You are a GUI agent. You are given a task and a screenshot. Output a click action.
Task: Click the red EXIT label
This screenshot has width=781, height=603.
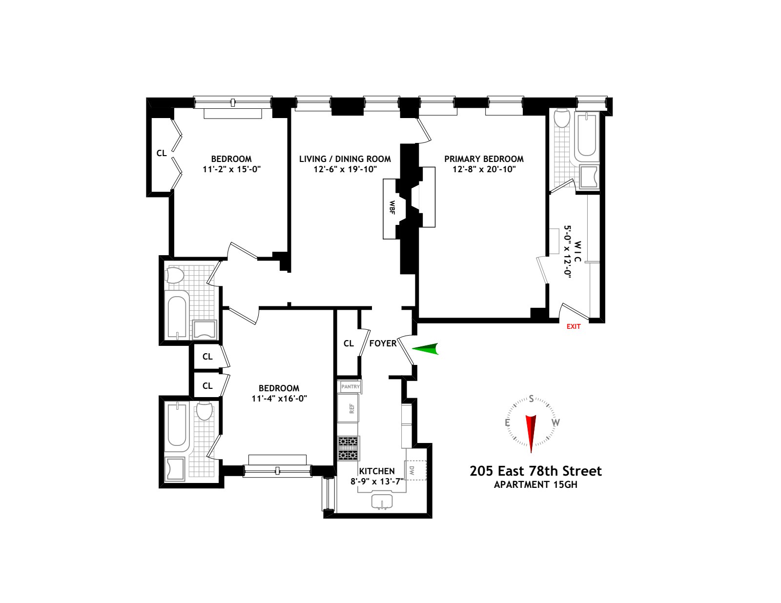tap(573, 326)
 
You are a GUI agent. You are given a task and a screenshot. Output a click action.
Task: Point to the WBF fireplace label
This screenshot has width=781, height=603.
tap(392, 207)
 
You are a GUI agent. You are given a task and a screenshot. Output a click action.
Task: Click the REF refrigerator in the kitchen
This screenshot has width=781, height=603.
tap(348, 408)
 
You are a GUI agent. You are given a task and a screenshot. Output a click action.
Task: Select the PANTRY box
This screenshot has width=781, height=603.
tap(350, 386)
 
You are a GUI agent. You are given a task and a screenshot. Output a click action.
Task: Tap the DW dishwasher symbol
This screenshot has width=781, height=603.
tap(416, 470)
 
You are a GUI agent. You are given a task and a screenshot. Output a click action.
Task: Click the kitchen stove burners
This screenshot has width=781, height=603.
tap(348, 448)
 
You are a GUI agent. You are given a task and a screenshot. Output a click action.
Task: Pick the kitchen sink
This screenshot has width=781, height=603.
tap(382, 502)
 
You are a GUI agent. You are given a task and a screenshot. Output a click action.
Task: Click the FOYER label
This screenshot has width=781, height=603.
tap(383, 343)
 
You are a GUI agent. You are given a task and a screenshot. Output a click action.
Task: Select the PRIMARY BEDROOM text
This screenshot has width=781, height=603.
tap(484, 159)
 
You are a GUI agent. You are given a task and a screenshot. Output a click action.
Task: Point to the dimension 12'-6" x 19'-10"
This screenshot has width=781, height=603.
tap(345, 169)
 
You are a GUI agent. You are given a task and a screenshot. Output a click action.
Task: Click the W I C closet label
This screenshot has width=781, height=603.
tap(577, 252)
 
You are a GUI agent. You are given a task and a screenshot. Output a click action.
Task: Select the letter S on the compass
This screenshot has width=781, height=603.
tap(531, 399)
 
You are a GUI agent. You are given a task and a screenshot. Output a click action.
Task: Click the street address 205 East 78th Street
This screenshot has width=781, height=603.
tap(535, 471)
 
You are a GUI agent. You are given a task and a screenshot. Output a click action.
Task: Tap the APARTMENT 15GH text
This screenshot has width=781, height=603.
tap(535, 484)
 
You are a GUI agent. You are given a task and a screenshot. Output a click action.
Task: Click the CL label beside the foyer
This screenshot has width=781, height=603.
tap(349, 343)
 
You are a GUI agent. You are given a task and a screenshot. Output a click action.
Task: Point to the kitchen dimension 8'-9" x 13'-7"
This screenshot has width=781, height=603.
tap(377, 481)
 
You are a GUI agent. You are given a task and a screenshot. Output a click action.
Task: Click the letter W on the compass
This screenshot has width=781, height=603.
tap(555, 422)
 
